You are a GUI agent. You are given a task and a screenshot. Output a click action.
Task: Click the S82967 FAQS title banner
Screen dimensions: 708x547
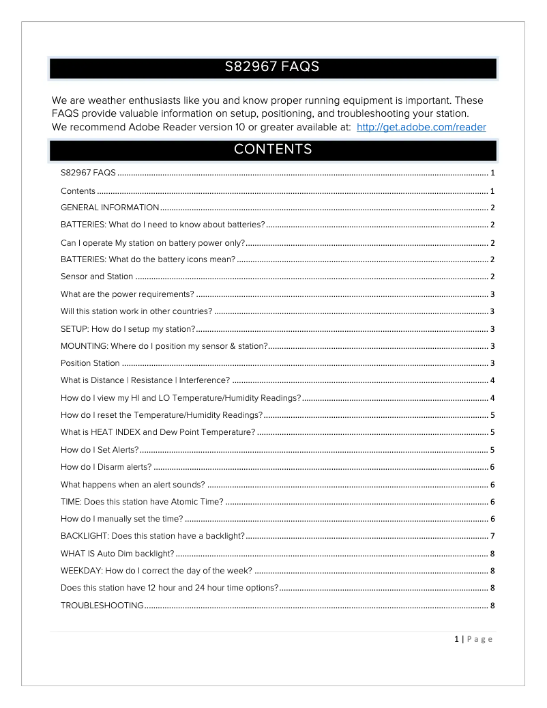coord(272,68)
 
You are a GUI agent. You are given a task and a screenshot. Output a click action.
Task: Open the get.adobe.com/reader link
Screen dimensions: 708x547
coord(421,127)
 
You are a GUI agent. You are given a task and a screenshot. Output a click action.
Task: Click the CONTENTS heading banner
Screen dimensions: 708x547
coord(272,149)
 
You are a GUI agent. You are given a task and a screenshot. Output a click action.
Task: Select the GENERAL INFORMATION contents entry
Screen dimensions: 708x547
coord(110,208)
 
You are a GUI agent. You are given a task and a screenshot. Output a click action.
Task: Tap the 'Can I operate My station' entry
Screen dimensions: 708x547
coord(152,242)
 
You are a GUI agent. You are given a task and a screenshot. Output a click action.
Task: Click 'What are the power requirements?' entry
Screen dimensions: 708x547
coord(128,294)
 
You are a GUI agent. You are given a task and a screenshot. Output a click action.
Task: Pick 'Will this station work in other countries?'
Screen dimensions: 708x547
coord(136,311)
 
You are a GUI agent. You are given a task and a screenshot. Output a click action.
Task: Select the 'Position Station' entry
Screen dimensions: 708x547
coord(90,363)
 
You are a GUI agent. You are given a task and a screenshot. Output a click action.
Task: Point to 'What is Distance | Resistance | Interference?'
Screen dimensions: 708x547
coord(145,380)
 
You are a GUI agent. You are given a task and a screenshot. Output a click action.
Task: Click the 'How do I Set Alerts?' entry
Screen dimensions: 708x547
coord(100,450)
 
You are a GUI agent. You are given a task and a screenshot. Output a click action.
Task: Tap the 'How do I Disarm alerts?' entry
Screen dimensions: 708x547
coord(106,467)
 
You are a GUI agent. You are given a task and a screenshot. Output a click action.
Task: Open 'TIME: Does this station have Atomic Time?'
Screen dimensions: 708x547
coord(142,502)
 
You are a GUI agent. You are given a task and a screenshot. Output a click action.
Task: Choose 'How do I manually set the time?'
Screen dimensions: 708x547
coord(122,519)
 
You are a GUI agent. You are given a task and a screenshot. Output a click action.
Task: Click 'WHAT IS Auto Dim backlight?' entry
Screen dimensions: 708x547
coord(117,553)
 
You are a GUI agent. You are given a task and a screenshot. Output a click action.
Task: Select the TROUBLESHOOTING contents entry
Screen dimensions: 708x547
coord(102,605)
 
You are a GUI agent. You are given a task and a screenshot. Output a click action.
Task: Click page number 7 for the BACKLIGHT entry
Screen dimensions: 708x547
coord(492,536)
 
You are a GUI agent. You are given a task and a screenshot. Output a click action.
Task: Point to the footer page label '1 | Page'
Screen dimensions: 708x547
coord(473,639)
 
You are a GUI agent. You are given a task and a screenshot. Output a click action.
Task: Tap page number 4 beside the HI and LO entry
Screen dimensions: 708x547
coord(492,398)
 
